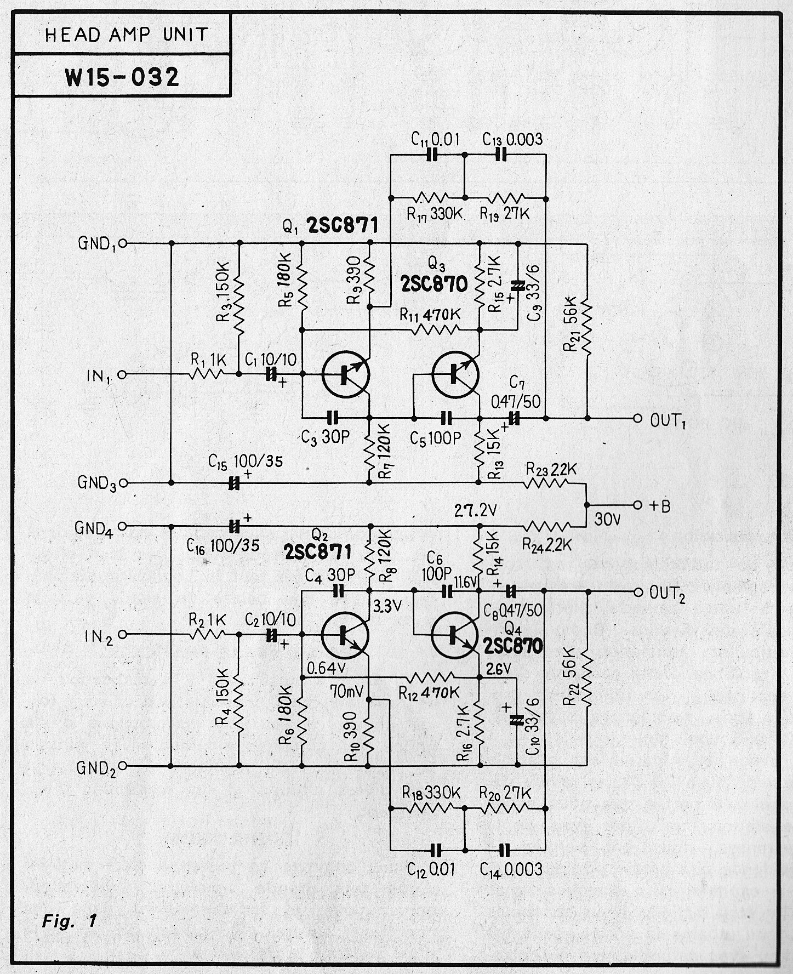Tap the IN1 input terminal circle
pos(122,374)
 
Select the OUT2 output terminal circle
pos(637,592)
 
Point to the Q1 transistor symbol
pos(345,374)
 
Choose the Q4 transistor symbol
pos(455,634)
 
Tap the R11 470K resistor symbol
pos(436,329)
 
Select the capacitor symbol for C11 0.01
pos(433,155)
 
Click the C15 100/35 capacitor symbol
pos(234,483)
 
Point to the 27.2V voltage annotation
pos(476,511)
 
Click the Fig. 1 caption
pos(70,920)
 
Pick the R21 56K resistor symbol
pos(586,329)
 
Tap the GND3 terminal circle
pos(122,483)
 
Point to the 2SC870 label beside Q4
pos(513,646)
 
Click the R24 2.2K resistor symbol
pos(546,527)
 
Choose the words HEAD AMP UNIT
pos(126,35)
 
